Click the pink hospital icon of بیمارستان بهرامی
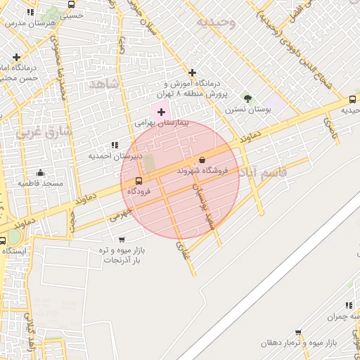[161, 111]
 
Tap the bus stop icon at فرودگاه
[138, 181]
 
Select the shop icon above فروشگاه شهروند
[202, 160]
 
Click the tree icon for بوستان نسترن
[247, 98]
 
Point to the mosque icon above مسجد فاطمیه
[40, 172]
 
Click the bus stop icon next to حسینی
[72, 4]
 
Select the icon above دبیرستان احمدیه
[115, 145]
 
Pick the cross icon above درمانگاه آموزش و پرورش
[192, 72]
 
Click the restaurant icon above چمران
[349, 305]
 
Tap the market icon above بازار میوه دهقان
[299, 332]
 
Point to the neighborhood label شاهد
[105, 84]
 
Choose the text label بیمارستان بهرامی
[162, 123]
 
